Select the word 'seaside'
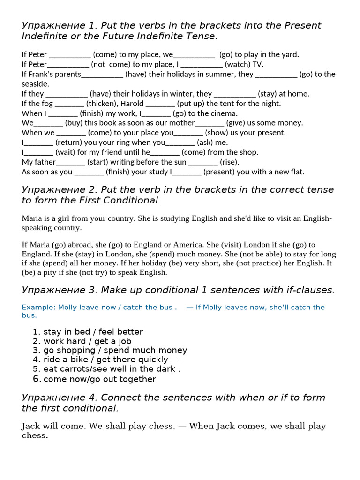(35, 84)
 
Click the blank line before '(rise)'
(203, 162)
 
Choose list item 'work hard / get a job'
(87, 341)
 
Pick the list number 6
(37, 379)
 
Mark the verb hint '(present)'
(221, 172)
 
